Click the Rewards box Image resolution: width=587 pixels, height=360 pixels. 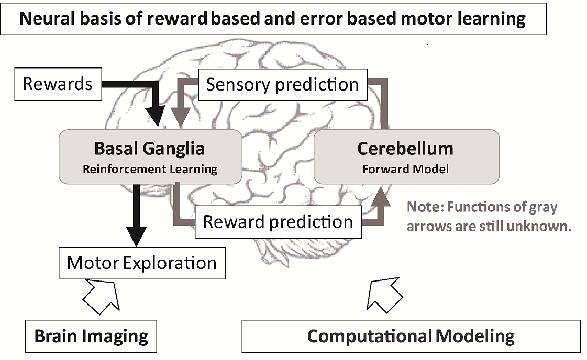click(58, 84)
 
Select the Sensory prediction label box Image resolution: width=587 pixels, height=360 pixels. click(283, 85)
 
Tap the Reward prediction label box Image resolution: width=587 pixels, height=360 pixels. click(278, 222)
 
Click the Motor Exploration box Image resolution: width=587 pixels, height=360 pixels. click(142, 263)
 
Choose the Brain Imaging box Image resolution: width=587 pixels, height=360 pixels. click(91, 336)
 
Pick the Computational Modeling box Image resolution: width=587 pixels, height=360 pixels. click(411, 336)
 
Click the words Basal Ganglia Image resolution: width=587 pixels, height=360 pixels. click(149, 149)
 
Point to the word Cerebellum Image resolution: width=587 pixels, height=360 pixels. click(405, 149)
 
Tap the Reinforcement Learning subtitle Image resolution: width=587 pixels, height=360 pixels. click(150, 169)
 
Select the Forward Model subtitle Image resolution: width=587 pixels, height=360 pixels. click(406, 169)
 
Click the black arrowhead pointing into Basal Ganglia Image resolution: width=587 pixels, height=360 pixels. click(156, 115)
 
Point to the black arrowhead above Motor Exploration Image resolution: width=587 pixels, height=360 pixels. click(136, 237)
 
